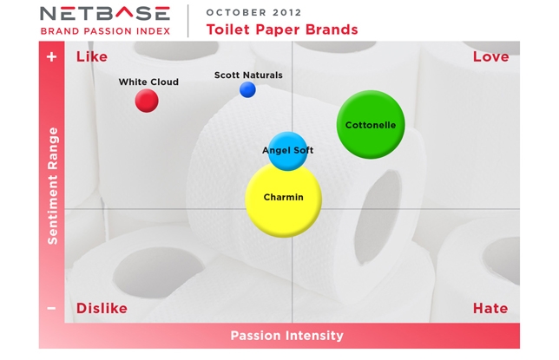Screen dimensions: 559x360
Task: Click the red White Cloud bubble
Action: point(147,101)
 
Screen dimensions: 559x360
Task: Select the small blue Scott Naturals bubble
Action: point(247,89)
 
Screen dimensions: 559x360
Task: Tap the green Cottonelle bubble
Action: point(371,124)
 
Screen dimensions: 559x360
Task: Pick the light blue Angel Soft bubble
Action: point(287,151)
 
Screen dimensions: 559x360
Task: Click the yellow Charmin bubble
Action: point(284,200)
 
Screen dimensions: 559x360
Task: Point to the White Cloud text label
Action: point(148,82)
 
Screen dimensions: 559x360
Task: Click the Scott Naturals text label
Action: point(248,75)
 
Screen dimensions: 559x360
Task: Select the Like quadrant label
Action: point(92,56)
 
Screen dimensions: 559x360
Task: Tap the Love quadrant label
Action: point(491,56)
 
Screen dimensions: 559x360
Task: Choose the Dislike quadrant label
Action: point(102,308)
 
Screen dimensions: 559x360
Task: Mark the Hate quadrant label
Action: point(490,308)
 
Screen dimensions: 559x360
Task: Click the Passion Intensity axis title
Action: point(287,336)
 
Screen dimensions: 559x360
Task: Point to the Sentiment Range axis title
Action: point(52,186)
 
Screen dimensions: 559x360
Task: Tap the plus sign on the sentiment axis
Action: point(52,56)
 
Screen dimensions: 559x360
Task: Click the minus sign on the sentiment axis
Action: point(51,308)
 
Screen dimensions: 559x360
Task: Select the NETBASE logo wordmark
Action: point(105,14)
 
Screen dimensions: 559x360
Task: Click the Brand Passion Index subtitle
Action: point(105,31)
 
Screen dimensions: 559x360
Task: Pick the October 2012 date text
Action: point(253,12)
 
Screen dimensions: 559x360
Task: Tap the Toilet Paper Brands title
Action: point(282,29)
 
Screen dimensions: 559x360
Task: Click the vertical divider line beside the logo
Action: point(188,21)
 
